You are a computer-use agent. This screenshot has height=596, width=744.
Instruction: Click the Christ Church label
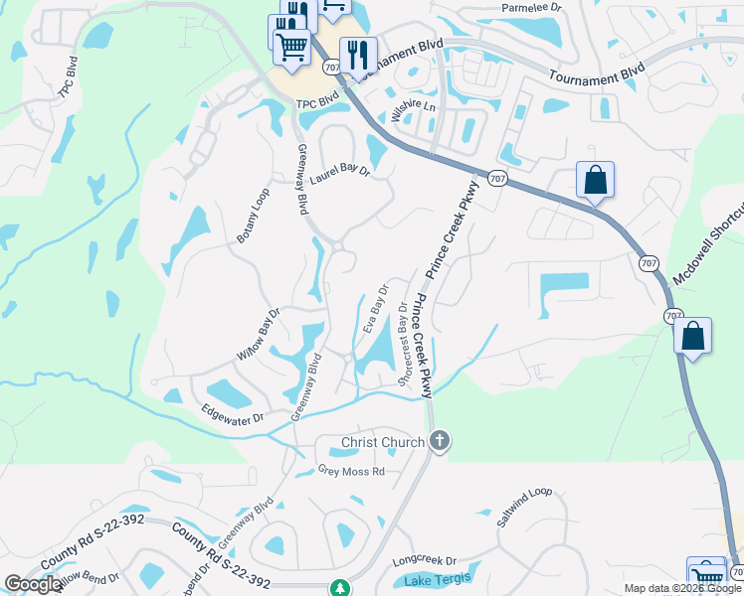[382, 442]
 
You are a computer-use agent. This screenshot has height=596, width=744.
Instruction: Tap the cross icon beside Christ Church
[440, 442]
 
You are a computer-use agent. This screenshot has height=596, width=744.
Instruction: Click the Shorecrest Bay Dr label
[404, 344]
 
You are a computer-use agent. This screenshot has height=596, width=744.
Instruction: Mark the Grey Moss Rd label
[350, 471]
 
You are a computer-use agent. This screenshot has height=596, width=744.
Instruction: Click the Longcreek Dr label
[424, 560]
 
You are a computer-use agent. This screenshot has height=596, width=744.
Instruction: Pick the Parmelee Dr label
[532, 7]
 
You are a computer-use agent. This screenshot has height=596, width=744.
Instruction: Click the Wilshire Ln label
[414, 110]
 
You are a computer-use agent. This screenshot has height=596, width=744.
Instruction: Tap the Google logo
[33, 584]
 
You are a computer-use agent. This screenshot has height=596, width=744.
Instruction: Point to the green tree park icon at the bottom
[340, 588]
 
